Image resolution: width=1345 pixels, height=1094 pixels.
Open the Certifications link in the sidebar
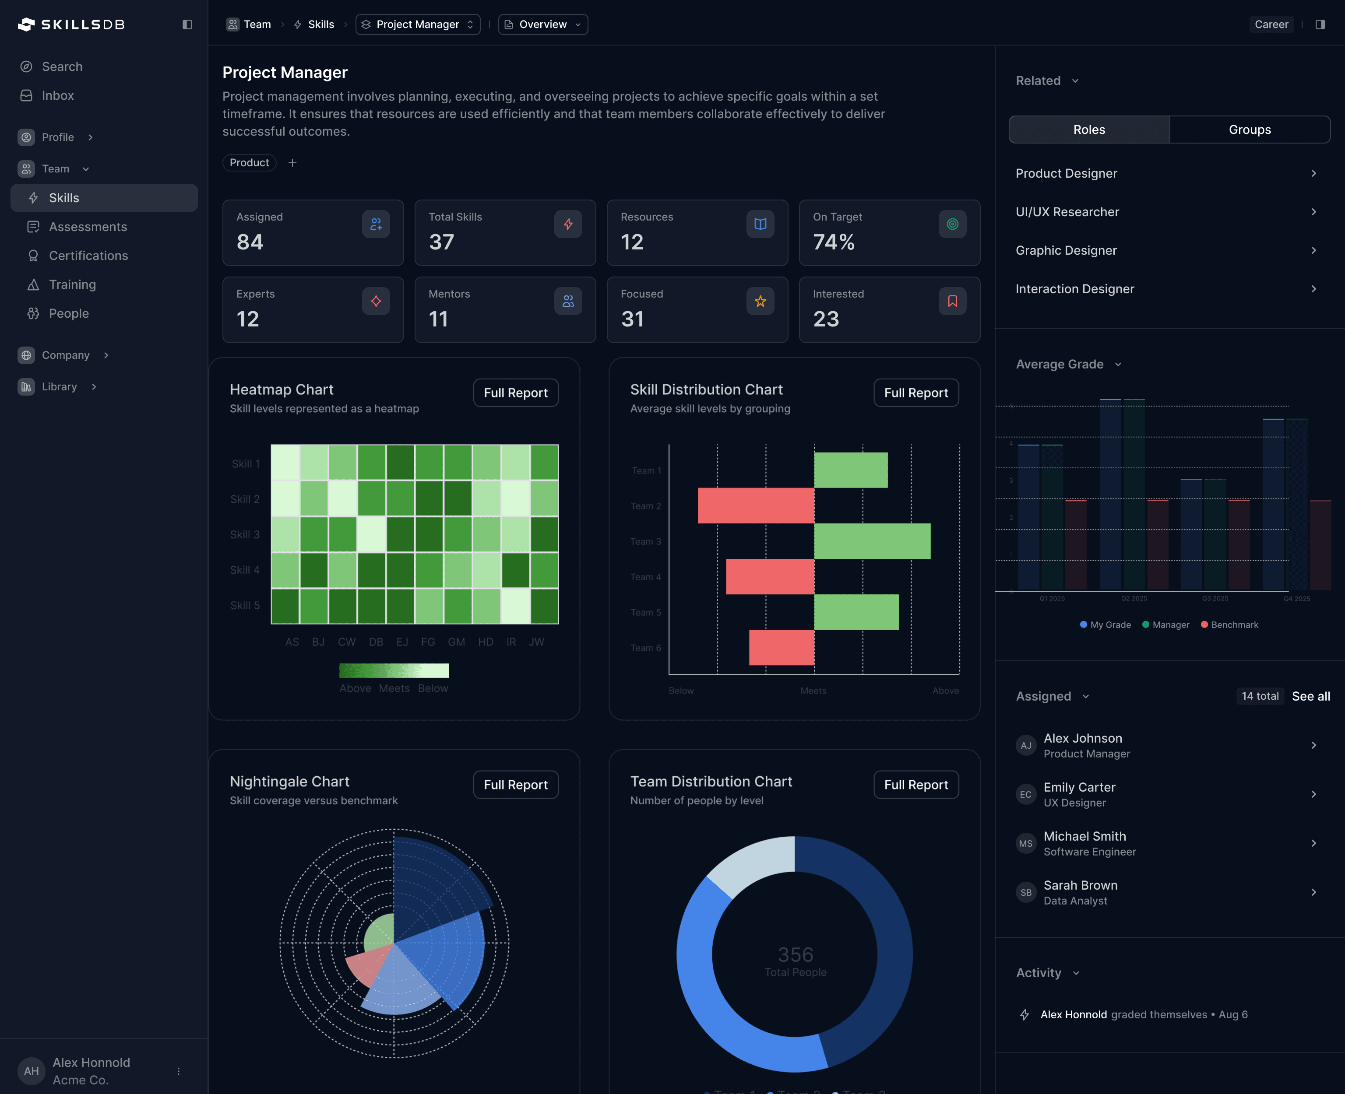click(x=88, y=255)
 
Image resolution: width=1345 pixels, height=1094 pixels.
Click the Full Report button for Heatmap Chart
click(x=515, y=393)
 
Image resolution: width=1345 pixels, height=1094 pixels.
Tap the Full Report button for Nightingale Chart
click(x=515, y=785)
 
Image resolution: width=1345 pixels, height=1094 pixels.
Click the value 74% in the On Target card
click(x=833, y=242)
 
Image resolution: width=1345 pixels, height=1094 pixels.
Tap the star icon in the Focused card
click(x=760, y=301)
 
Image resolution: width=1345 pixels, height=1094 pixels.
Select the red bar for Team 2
click(x=755, y=505)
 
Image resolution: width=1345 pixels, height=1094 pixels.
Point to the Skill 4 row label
click(x=245, y=570)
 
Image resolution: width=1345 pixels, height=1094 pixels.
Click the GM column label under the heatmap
click(x=456, y=642)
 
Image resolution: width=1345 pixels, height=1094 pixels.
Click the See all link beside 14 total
click(x=1310, y=696)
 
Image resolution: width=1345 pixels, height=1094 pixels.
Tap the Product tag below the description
click(x=249, y=163)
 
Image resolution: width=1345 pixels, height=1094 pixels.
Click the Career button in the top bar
click(x=1271, y=24)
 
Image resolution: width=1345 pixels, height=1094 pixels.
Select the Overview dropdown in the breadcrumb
click(x=542, y=24)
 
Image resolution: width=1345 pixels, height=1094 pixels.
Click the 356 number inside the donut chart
click(x=795, y=954)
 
